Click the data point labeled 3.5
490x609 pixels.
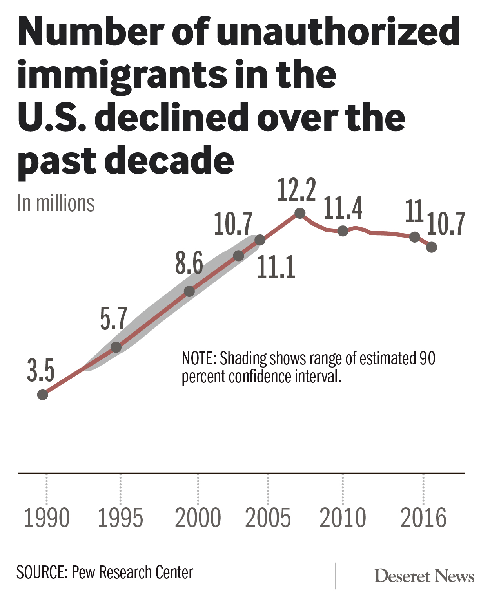pos(43,394)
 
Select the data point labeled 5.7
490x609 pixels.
pos(116,347)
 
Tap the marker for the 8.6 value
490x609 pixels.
pos(189,291)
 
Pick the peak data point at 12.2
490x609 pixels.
pos(300,213)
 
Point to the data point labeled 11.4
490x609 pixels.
pos(343,231)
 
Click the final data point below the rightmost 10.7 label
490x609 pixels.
pos(432,247)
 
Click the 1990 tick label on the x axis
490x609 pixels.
pos(47,518)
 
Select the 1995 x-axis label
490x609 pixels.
pos(120,518)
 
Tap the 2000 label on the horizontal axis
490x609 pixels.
pos(198,518)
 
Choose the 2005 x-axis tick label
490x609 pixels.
pos(268,518)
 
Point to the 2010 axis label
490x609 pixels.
pos(343,518)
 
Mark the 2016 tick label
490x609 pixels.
pos(423,518)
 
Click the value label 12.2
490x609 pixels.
pos(297,190)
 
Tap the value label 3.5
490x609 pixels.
pos(41,371)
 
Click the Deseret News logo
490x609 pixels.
pos(424,576)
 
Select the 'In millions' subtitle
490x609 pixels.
pos(56,203)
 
